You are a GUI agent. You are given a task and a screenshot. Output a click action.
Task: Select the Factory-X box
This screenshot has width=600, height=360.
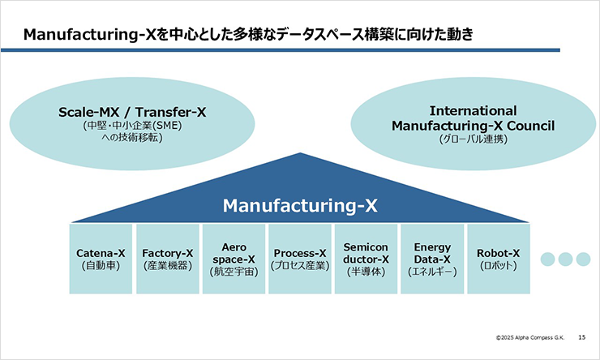167,259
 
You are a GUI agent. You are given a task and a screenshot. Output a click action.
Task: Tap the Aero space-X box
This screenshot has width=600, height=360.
233,259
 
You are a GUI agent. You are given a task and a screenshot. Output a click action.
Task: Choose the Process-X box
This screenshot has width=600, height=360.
299,259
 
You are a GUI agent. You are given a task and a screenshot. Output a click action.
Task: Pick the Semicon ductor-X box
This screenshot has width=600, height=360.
366,259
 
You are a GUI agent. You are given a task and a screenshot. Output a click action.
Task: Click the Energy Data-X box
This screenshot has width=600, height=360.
432,259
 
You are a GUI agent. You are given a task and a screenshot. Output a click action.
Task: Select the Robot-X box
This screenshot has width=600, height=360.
498,259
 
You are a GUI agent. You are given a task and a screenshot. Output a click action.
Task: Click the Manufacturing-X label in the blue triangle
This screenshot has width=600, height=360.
301,205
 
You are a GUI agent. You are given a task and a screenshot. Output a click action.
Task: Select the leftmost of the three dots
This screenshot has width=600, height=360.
546,259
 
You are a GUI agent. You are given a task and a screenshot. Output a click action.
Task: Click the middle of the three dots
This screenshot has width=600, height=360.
565,259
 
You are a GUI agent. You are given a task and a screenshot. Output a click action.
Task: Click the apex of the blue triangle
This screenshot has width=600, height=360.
301,155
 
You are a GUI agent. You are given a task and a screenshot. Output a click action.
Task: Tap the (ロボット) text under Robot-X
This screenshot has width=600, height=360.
498,265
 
